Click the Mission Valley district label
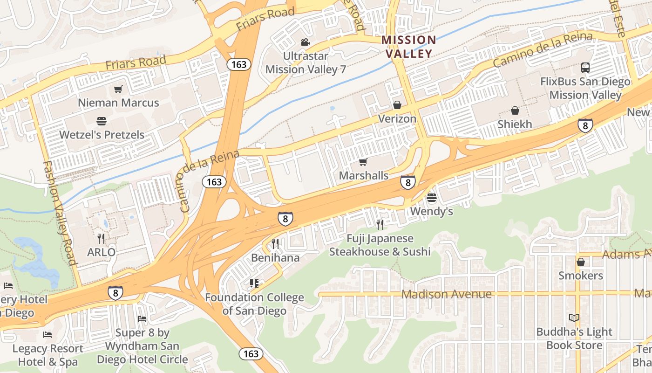click(x=408, y=47)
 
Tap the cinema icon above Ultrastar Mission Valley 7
click(x=305, y=42)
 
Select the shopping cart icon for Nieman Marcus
click(x=118, y=89)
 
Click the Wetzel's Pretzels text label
click(x=102, y=135)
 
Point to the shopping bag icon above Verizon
click(x=397, y=105)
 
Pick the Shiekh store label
click(x=515, y=124)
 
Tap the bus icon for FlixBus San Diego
click(x=585, y=68)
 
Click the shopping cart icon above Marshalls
click(x=363, y=162)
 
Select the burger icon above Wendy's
click(x=432, y=198)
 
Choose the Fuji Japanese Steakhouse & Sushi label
click(x=380, y=245)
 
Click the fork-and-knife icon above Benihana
click(x=275, y=243)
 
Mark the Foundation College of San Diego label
click(x=254, y=304)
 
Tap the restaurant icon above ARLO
click(x=101, y=238)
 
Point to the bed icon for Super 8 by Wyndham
click(x=142, y=319)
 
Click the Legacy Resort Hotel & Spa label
click(x=48, y=355)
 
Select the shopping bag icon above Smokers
click(x=581, y=262)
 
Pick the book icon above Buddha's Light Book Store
click(x=574, y=318)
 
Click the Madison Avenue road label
click(x=446, y=294)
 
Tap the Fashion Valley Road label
click(x=59, y=213)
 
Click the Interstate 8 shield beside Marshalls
click(x=407, y=182)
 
